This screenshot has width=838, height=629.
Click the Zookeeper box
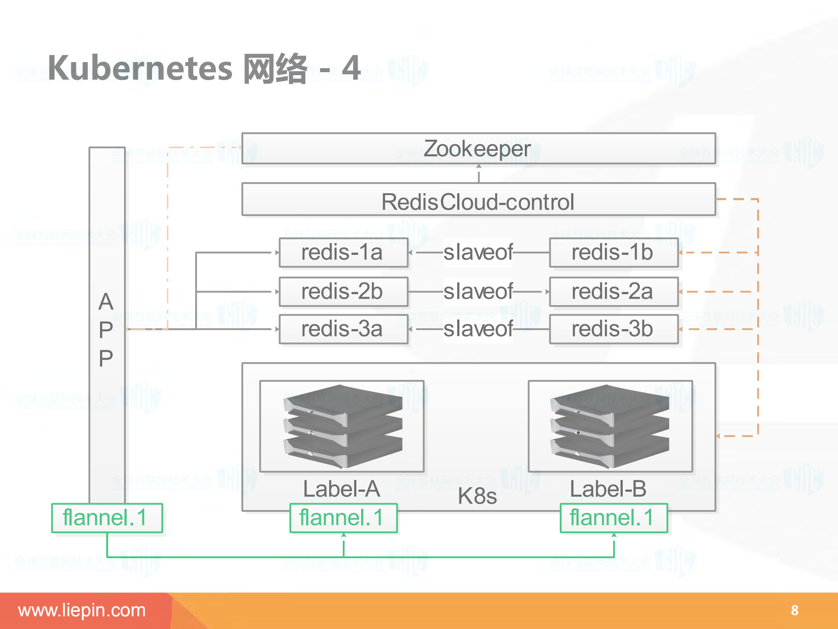pos(478,149)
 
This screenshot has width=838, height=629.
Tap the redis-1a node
pos(343,253)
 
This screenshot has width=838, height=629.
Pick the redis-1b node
pos(613,253)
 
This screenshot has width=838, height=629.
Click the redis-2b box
pos(343,292)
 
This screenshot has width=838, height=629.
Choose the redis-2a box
pos(613,292)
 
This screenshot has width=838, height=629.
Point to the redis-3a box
pos(343,329)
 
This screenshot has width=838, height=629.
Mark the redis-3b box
pos(613,329)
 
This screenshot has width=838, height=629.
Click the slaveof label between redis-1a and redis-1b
pos(478,253)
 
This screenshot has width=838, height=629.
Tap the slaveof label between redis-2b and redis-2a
pos(478,292)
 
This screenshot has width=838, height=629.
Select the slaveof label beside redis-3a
pos(478,329)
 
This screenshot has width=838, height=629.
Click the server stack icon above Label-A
pos(342,426)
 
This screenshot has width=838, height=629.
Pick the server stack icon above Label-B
pos(610,426)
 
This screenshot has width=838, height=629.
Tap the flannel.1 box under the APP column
pos(107,518)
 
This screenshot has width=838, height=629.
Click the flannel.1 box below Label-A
pos(343,518)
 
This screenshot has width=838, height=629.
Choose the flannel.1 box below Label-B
pos(613,518)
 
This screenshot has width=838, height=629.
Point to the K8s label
pos(477,496)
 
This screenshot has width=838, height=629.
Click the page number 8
pos(794,610)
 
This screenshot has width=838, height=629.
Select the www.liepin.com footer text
pos(82,610)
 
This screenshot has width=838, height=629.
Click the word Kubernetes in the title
pos(140,68)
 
